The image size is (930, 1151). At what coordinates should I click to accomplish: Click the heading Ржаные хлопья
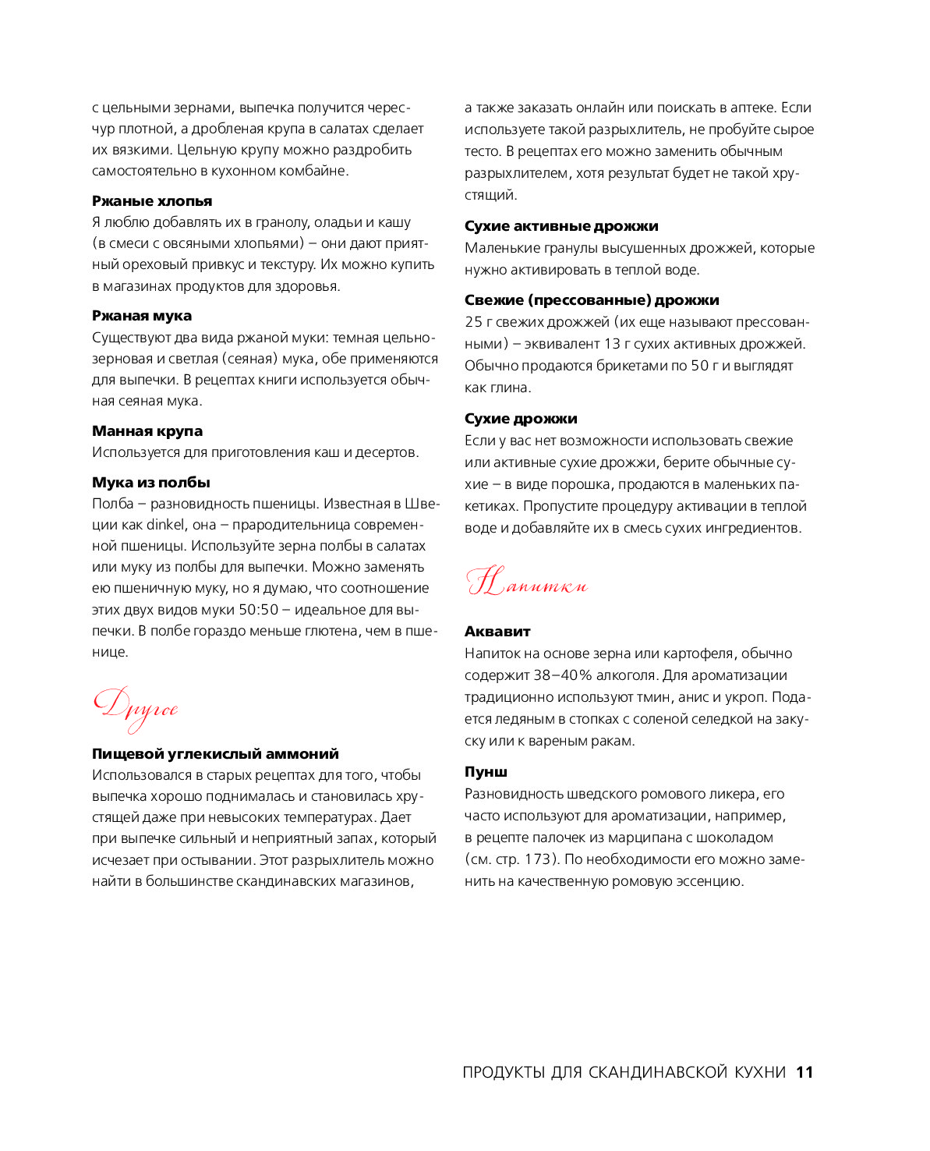[152, 201]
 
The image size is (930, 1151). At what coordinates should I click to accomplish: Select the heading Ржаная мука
[142, 316]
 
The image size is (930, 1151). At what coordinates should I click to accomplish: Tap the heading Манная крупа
[147, 431]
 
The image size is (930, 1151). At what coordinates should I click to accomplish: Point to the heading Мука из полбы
[151, 483]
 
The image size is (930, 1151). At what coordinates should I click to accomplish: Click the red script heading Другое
[136, 708]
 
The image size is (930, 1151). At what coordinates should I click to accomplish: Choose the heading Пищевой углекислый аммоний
[215, 754]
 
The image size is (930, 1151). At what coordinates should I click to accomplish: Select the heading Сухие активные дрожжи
[561, 226]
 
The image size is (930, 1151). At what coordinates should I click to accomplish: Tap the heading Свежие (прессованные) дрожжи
[592, 300]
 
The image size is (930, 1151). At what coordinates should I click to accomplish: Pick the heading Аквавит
[497, 632]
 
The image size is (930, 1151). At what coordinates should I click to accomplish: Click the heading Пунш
[486, 772]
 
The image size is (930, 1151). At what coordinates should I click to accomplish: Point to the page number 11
[804, 1072]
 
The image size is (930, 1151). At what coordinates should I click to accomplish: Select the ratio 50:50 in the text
[258, 610]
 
